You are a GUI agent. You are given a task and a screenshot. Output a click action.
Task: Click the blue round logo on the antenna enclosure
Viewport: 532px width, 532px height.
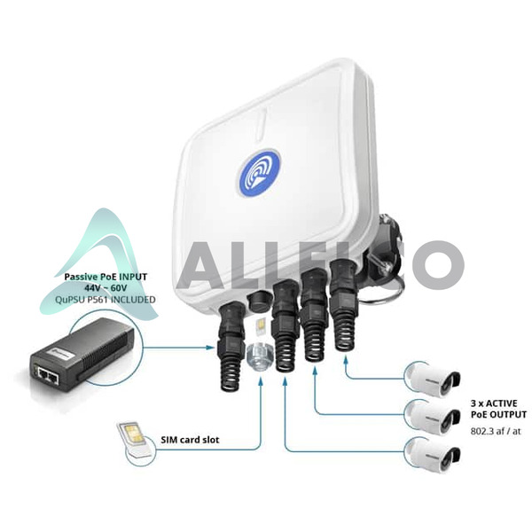[x=260, y=173]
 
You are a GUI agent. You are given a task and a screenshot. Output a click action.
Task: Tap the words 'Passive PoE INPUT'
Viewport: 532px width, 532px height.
[x=106, y=277]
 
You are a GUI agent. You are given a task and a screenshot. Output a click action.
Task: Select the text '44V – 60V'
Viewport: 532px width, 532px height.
[x=106, y=288]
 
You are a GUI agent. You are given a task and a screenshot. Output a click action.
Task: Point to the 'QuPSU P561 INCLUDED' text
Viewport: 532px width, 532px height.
[x=106, y=300]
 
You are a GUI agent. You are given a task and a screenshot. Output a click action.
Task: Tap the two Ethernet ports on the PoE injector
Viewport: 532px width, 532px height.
[x=48, y=374]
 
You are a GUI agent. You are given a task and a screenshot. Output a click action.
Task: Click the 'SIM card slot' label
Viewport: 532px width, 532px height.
[x=190, y=440]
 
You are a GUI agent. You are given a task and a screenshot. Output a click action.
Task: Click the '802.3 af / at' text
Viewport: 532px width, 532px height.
[x=496, y=432]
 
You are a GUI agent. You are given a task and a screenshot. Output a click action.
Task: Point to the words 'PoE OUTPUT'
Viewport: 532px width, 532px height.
[x=498, y=415]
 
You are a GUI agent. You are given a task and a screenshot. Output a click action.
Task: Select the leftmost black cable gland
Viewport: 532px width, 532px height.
[x=232, y=346]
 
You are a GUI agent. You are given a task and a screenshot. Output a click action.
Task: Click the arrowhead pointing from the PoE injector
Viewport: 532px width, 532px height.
[x=211, y=347]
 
